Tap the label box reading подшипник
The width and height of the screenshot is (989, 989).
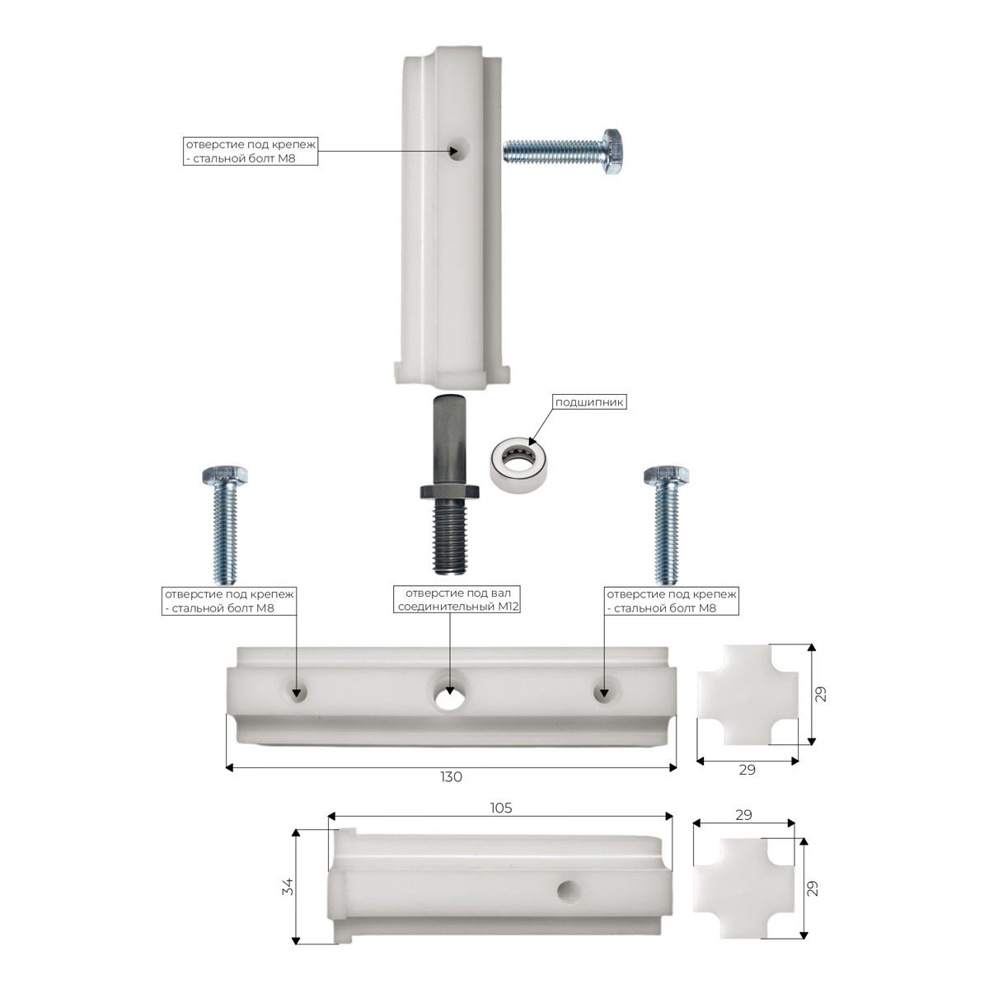[x=589, y=402]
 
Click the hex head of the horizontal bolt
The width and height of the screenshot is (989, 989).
[x=613, y=152]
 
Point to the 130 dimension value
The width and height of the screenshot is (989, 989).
[x=451, y=777]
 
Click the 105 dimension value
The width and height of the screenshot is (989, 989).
[x=501, y=809]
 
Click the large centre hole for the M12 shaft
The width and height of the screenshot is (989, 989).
[x=450, y=697]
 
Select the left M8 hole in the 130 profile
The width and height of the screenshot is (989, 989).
[x=298, y=691]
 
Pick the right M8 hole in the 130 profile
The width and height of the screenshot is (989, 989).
[x=604, y=691]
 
